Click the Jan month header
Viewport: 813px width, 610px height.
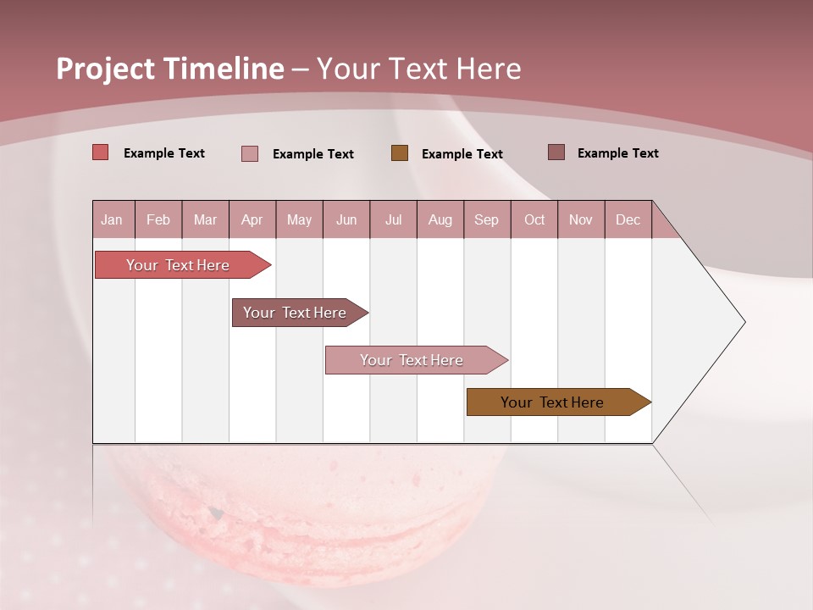coord(113,219)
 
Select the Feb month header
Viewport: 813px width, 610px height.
coord(158,219)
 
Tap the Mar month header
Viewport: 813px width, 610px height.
coord(205,219)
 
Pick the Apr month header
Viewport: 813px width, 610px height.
coord(252,219)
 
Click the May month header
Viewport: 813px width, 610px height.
coord(299,219)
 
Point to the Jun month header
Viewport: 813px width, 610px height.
coord(346,219)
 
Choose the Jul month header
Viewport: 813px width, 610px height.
coord(393,219)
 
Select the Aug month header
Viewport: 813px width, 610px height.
coord(440,219)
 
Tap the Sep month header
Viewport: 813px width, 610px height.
coord(487,219)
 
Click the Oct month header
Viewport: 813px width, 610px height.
coord(534,219)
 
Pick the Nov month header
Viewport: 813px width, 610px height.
coord(581,219)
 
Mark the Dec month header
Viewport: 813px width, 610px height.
coord(628,219)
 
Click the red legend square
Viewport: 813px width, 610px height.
coord(101,152)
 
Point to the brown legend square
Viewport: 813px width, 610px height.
coord(400,152)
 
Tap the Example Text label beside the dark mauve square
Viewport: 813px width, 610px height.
coord(617,152)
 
